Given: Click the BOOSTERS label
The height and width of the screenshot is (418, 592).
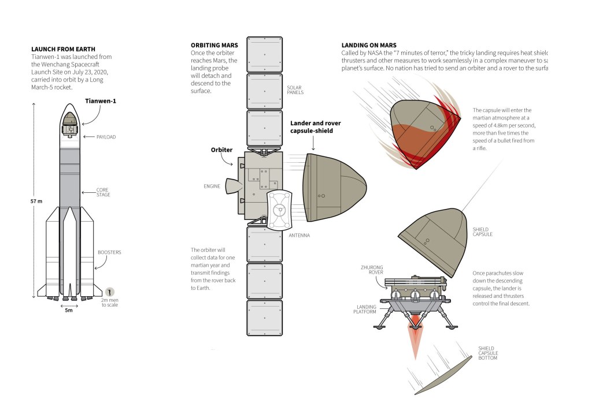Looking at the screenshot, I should click(x=109, y=252).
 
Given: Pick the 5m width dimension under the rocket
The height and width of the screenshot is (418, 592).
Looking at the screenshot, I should click(x=69, y=311).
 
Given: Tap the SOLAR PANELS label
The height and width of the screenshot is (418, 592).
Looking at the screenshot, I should click(x=295, y=89).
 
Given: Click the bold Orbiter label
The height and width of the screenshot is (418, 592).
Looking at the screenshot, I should click(x=221, y=150).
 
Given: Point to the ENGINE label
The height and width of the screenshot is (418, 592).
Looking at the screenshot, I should click(x=212, y=186).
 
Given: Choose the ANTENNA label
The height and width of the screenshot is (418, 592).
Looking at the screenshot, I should click(x=299, y=235).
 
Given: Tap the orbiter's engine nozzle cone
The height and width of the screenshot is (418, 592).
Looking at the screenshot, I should click(x=234, y=186).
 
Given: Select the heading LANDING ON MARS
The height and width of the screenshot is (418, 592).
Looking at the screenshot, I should click(x=369, y=45).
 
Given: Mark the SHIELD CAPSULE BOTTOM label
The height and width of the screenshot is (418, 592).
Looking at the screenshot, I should click(x=488, y=353).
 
